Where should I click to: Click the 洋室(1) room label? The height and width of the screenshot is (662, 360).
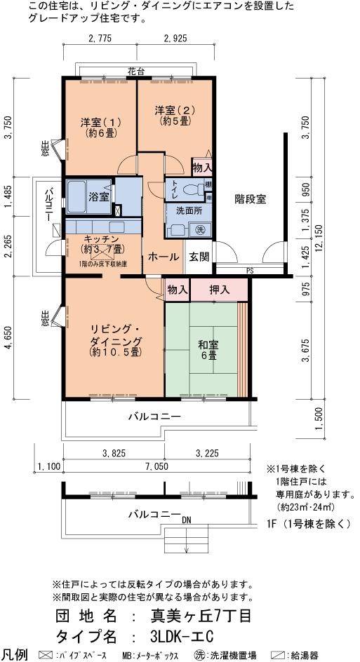(x=101, y=126)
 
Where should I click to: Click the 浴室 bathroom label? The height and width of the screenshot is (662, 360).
(x=98, y=197)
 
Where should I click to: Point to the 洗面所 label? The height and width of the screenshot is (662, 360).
(x=189, y=210)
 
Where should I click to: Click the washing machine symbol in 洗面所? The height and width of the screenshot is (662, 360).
(x=200, y=229)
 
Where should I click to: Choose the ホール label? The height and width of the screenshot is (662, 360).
(x=163, y=257)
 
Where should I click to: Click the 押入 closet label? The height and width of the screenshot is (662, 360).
(x=219, y=289)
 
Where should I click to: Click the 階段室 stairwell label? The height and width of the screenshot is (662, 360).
(x=251, y=198)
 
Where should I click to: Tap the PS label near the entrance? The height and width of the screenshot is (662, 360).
(x=249, y=271)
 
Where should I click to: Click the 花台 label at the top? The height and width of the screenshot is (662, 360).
(x=137, y=71)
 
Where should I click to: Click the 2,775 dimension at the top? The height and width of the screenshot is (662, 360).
(x=100, y=39)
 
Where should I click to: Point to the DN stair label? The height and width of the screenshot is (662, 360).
(x=187, y=521)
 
